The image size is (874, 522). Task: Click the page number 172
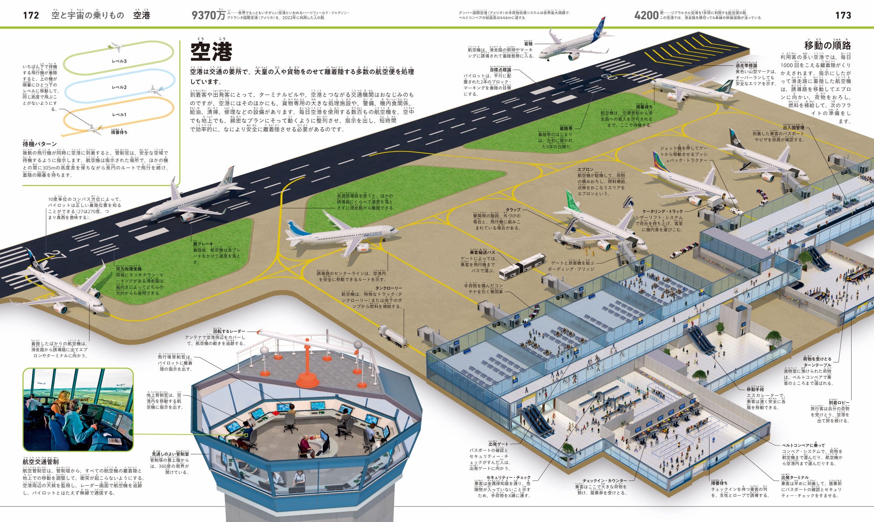31,15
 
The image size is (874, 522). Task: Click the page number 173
843,15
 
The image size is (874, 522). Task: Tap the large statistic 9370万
208,15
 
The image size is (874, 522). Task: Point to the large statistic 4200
646,15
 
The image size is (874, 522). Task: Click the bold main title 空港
211,52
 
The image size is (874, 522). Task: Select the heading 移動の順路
827,45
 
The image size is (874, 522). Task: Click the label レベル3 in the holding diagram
119,61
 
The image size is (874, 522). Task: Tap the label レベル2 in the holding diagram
119,87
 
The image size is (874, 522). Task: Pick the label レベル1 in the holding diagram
119,115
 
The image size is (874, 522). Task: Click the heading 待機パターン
40,144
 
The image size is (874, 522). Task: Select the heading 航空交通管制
40,462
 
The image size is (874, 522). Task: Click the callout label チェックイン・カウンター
605,481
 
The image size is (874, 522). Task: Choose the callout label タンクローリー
389,288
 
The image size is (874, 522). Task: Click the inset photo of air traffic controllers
78,410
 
